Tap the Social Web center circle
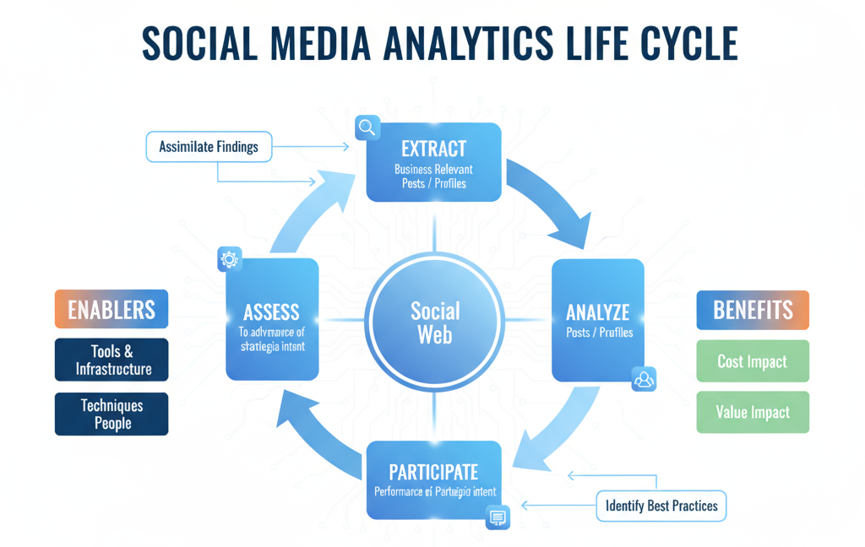click(435, 322)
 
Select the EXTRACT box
click(433, 162)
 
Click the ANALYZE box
click(597, 320)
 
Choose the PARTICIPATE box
click(433, 479)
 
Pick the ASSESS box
click(271, 320)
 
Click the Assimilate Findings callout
click(209, 147)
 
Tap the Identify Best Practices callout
click(661, 506)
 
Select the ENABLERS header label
click(112, 309)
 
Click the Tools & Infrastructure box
click(112, 360)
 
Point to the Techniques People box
click(112, 414)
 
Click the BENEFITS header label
click(752, 310)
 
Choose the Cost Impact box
click(752, 361)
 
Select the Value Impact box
click(752, 413)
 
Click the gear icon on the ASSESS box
click(230, 259)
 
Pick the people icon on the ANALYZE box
click(644, 380)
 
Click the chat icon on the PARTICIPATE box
click(498, 517)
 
